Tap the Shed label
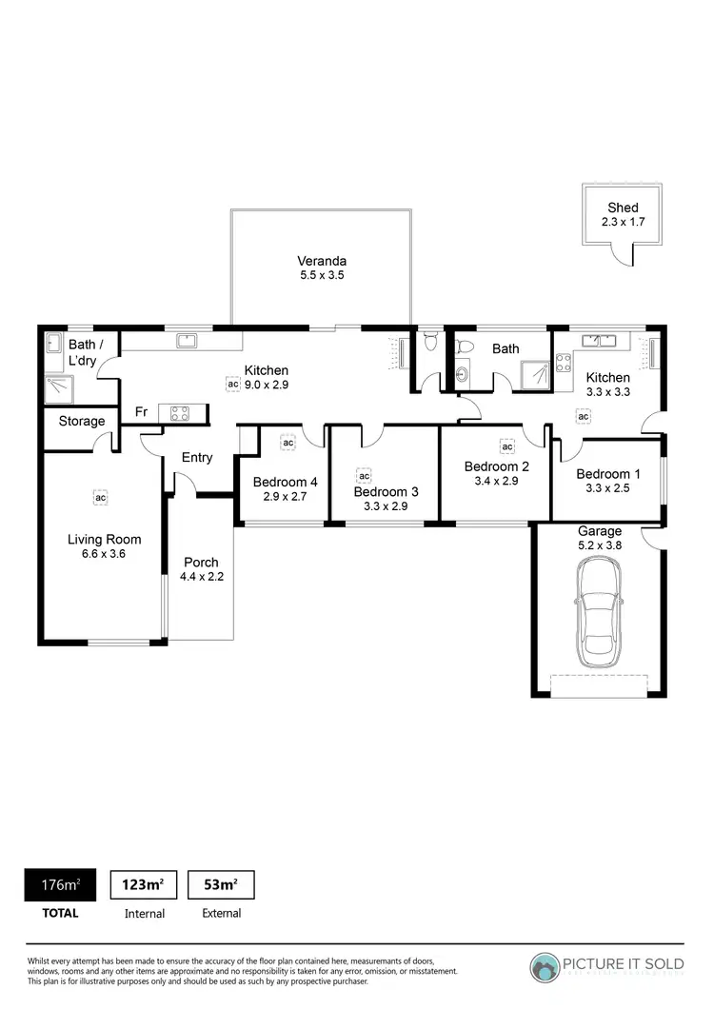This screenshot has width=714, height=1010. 624,208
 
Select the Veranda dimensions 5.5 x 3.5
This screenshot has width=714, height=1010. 321,275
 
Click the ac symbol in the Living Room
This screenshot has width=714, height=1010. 100,496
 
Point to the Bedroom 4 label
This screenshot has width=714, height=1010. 286,482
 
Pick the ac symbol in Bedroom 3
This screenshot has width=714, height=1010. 364,475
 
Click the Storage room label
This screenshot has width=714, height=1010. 82,421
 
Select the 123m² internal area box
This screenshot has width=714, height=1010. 144,884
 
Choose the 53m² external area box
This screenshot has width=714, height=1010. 221,884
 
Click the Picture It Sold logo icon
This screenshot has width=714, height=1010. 545,966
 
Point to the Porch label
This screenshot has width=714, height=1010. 201,562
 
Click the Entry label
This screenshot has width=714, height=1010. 197,457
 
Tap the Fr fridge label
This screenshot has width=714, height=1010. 140,412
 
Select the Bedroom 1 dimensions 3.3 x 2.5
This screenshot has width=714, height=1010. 603,488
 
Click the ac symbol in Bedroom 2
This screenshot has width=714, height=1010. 507,446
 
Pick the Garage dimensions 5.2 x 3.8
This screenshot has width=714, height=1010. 600,545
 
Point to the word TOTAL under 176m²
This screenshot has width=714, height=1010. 60,913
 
